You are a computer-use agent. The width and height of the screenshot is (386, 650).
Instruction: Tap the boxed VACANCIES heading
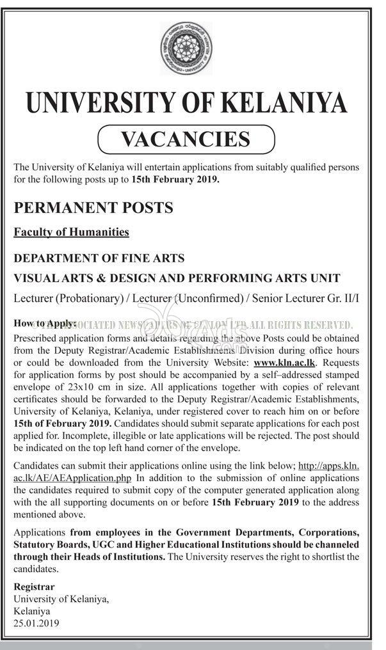pyautogui.click(x=186, y=138)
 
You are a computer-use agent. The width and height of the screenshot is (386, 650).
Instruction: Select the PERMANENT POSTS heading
pyautogui.click(x=93, y=207)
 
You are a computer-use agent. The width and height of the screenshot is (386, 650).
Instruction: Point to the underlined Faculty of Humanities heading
pyautogui.click(x=72, y=232)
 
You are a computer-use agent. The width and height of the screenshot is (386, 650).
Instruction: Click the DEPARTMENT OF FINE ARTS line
pyautogui.click(x=99, y=258)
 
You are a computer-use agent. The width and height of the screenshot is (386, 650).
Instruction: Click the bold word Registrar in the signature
pyautogui.click(x=34, y=587)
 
